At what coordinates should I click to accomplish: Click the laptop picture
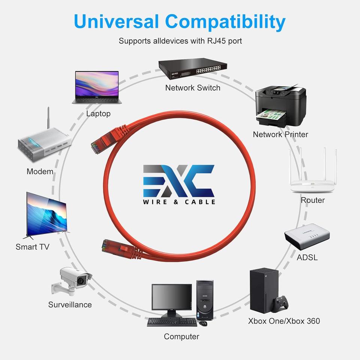tap(96, 87)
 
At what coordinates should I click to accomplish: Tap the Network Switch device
tap(192, 69)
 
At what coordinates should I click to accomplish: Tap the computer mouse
tap(202, 323)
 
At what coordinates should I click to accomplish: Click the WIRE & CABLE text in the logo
tap(179, 202)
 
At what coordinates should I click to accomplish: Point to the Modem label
tap(40, 171)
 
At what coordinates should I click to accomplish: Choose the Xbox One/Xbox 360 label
tap(284, 321)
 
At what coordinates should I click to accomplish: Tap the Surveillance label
tap(70, 304)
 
